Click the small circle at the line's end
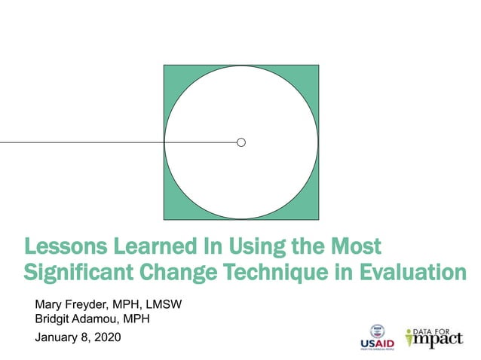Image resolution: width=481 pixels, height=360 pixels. pyautogui.click(x=241, y=142)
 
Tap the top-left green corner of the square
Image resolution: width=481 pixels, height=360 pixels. pyautogui.click(x=171, y=72)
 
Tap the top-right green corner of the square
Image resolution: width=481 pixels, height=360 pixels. pyautogui.click(x=311, y=72)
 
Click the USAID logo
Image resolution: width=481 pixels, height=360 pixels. pyautogui.click(x=376, y=337)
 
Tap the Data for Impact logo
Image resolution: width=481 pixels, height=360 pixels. pyautogui.click(x=434, y=337)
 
